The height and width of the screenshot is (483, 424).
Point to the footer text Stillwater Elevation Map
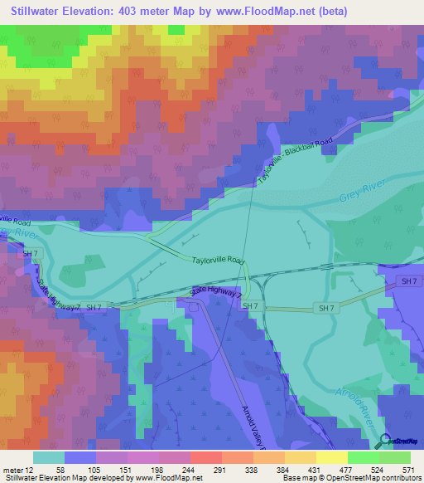[50, 479]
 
